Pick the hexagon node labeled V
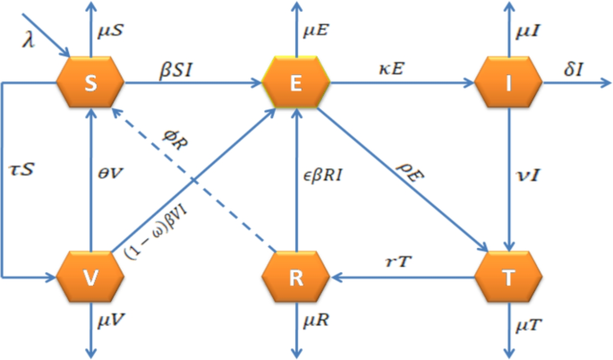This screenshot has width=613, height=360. [x=89, y=278]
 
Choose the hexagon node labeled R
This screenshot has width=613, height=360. [x=297, y=278]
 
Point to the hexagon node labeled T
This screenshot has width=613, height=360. [x=508, y=278]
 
